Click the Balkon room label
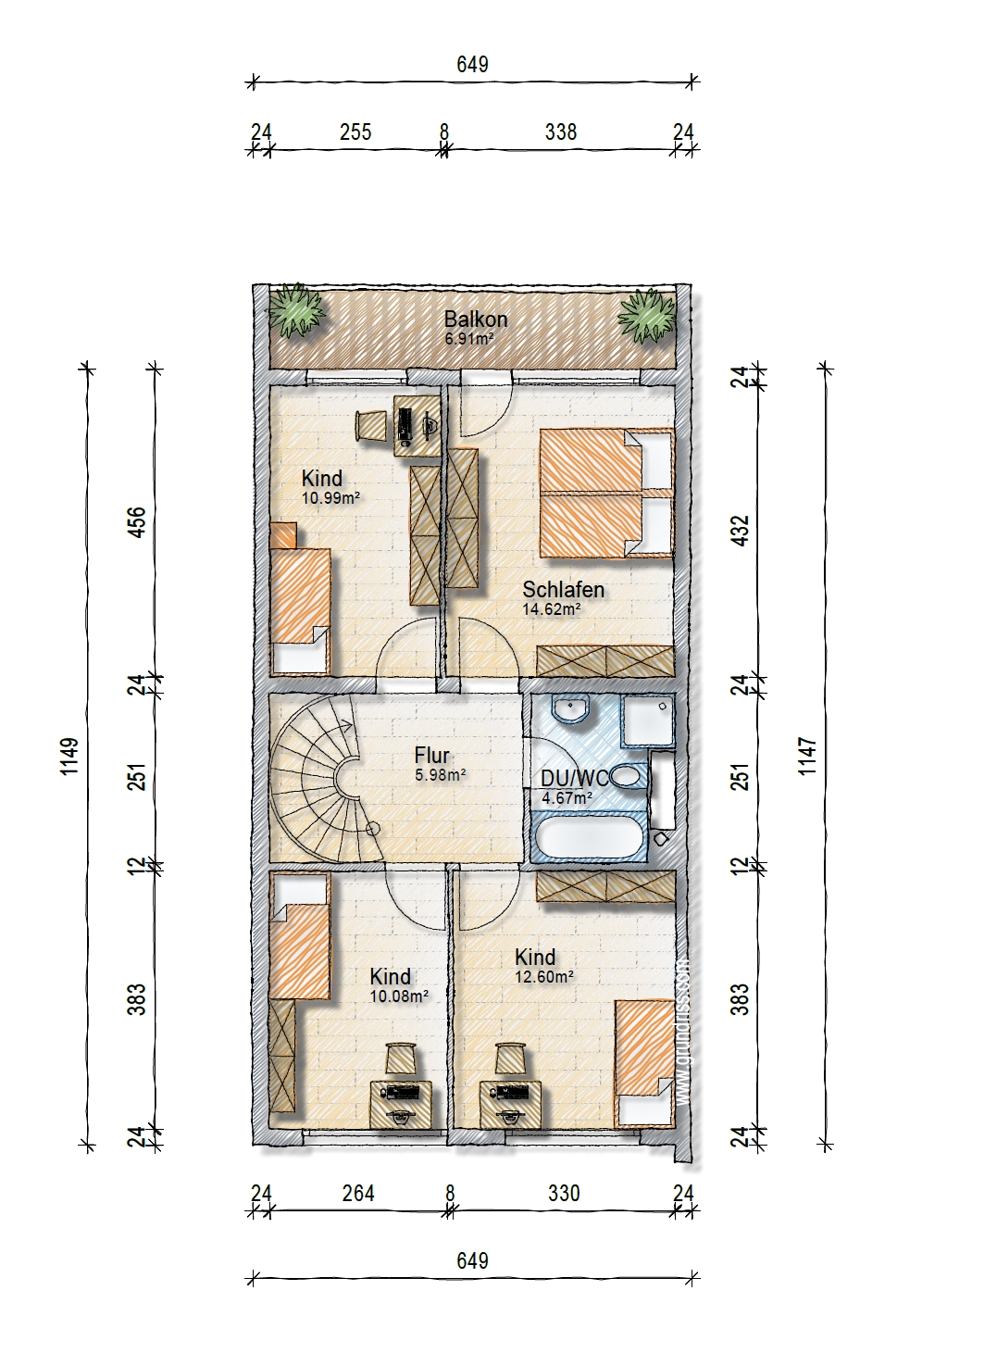point(476,319)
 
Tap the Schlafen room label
point(564,590)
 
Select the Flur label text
point(431,755)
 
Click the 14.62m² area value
point(552,608)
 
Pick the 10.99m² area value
point(330,497)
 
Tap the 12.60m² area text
point(544,976)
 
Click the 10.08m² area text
point(399,996)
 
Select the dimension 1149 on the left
point(69,756)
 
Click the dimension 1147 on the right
point(807,756)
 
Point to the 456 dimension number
point(137,522)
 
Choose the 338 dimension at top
point(561,132)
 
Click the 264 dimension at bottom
point(358,1193)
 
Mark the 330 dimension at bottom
point(564,1193)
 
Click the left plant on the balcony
point(296,310)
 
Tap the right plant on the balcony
point(647,315)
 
